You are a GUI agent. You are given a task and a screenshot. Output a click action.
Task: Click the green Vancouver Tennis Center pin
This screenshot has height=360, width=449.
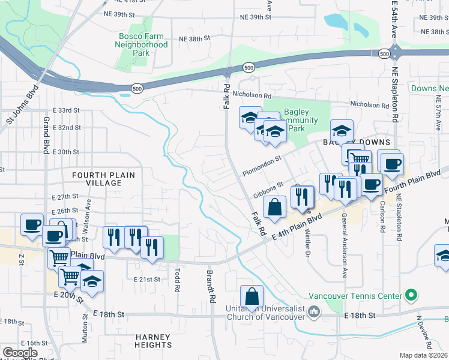coord(411,295)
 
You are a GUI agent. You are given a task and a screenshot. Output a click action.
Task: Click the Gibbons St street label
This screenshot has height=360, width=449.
coord(268,190)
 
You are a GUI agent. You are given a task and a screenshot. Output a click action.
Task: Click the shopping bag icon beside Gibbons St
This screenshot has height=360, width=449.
coord(274,208)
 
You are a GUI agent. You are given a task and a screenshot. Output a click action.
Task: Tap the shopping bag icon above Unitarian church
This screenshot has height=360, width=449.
coord(252,296)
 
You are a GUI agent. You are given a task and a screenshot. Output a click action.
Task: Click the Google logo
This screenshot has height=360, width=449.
coord(20,353)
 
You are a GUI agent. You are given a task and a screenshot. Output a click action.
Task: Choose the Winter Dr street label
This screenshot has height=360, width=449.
coord(309,242)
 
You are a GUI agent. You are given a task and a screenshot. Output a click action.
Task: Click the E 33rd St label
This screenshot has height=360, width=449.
coord(66,110)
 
